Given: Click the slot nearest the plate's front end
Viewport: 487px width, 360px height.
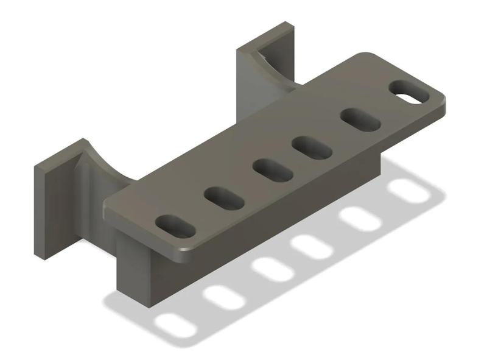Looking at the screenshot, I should [x=175, y=226].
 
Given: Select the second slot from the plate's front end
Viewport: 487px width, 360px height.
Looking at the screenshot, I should [x=225, y=197].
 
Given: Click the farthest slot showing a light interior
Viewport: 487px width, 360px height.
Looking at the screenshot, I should [x=410, y=92].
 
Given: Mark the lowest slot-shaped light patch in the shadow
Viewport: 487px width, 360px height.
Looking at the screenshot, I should [x=176, y=325].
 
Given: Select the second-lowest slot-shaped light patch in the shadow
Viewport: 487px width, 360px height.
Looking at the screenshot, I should [x=223, y=296].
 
